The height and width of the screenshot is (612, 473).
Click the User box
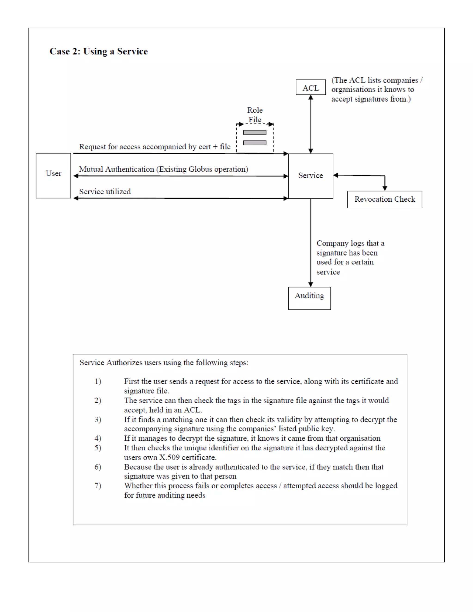(53, 176)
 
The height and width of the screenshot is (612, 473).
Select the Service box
(310, 176)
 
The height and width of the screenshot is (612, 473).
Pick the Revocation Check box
(385, 199)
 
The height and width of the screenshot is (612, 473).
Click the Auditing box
(309, 298)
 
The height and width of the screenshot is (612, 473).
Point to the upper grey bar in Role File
(255, 133)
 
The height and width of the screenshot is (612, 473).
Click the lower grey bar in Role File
(255, 143)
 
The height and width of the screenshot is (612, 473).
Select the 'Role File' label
(255, 115)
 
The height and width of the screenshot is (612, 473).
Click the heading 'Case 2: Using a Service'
(99, 52)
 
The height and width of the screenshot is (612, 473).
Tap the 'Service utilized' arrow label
(105, 192)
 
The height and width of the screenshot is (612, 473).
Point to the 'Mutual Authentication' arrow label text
(163, 169)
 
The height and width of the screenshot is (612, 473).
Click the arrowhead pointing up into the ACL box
(310, 97)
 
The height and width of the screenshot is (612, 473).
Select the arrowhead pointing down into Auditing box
(310, 285)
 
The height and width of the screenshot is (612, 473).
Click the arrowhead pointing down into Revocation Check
(385, 188)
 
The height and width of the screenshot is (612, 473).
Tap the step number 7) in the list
(98, 486)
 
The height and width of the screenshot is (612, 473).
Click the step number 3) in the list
(98, 419)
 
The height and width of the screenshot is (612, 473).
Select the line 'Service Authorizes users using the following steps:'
(164, 363)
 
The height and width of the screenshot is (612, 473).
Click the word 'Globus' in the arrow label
(200, 169)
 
